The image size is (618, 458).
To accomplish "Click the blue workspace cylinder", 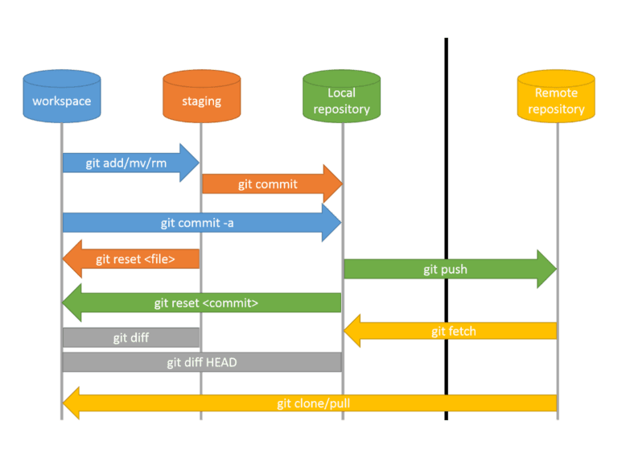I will [62, 97].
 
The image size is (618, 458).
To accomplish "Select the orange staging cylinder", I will [201, 97].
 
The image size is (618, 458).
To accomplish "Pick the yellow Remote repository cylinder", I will [556, 97].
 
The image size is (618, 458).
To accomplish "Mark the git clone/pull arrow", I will [310, 403].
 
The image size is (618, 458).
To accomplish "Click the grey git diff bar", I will [130, 338].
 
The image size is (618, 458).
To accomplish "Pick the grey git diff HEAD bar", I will [201, 362].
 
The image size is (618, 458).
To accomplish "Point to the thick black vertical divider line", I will [446, 225].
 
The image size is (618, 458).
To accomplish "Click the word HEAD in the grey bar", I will [221, 362].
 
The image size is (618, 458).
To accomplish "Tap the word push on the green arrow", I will [455, 270].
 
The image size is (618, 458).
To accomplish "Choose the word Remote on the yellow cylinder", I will [556, 93].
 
